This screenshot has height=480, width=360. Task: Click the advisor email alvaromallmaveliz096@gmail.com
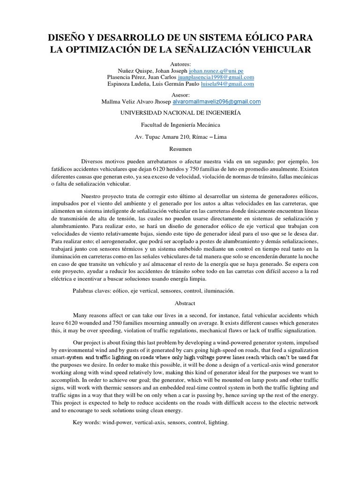tap(217, 101)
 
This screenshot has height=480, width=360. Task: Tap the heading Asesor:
tap(180, 94)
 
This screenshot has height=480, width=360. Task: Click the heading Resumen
tap(180, 149)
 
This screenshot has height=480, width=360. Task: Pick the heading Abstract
tap(180, 303)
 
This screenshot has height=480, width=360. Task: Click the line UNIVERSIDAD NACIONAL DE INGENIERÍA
tap(180, 113)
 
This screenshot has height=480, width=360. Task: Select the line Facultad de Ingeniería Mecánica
tap(180, 125)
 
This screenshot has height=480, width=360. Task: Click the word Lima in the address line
tap(218, 137)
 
